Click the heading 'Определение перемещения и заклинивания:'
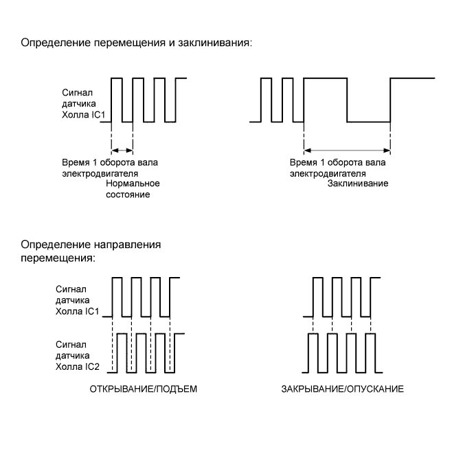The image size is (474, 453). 137,43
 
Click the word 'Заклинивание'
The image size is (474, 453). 359,184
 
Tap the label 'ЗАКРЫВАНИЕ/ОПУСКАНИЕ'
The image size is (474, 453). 342,389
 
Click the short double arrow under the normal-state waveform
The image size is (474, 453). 121,151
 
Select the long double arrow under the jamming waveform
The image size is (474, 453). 348,151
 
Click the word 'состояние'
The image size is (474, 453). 128,195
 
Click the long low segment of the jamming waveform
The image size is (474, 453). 369,122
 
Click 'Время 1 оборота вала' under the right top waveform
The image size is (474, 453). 332,164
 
